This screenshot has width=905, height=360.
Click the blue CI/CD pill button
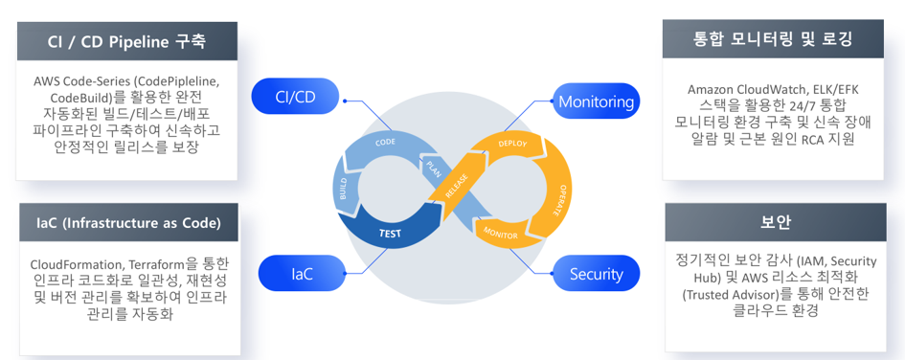295,97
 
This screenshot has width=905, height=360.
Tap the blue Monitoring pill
597,102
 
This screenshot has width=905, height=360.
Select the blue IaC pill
302,274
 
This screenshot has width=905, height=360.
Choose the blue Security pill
597,274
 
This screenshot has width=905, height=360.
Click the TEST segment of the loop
390,234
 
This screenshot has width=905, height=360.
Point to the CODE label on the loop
385,143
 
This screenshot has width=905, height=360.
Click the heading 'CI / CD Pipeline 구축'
127,41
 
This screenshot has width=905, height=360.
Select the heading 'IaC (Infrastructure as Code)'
128,223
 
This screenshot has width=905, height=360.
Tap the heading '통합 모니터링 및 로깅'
773,39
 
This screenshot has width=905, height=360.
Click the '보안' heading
775,222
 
